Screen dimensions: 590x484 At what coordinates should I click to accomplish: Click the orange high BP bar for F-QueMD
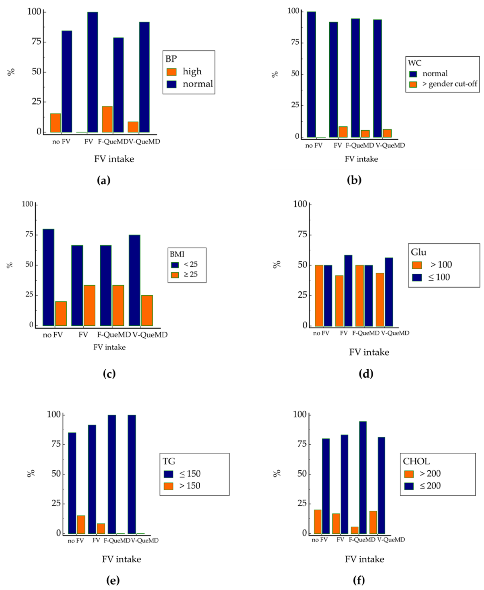coord(107,119)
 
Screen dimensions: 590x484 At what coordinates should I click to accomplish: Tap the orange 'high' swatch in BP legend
coord(171,72)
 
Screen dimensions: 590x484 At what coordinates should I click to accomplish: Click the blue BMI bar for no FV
coord(48,277)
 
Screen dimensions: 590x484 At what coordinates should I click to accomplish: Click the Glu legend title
coord(419,252)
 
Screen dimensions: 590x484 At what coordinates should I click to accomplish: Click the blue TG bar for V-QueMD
coord(132,474)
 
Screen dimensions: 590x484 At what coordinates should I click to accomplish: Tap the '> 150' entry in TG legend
coord(190,486)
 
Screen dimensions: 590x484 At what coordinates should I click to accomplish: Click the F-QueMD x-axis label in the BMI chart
coord(114,335)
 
